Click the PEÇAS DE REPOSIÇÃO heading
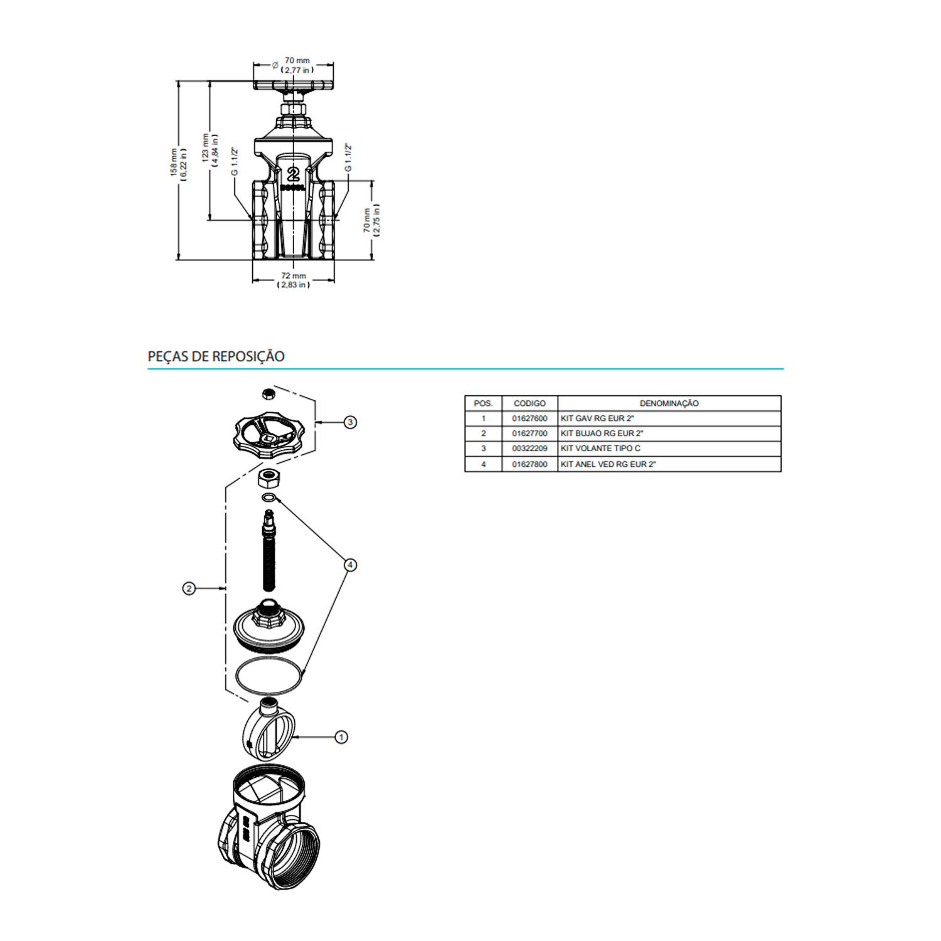pyautogui.click(x=216, y=356)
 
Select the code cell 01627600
pyautogui.click(x=529, y=418)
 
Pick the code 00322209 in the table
pyautogui.click(x=529, y=449)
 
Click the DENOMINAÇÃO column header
pyautogui.click(x=669, y=403)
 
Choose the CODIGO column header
pyautogui.click(x=529, y=403)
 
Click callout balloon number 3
pyautogui.click(x=350, y=422)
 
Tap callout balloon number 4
pyautogui.click(x=350, y=565)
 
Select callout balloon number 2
pyautogui.click(x=189, y=588)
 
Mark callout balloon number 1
pyautogui.click(x=341, y=736)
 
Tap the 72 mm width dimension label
pyautogui.click(x=294, y=280)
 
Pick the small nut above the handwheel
pyautogui.click(x=268, y=393)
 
